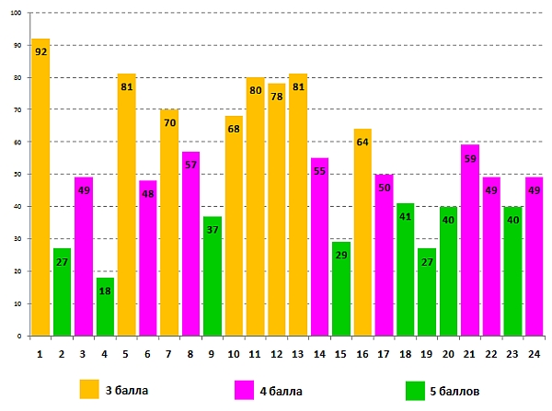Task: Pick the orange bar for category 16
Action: click(x=362, y=239)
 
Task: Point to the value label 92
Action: click(x=40, y=51)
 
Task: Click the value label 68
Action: click(x=234, y=129)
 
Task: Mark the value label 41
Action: click(x=406, y=217)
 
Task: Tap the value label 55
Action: click(x=319, y=171)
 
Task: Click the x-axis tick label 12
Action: click(x=277, y=352)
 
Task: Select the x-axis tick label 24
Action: click(x=534, y=352)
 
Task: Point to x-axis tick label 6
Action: click(x=148, y=352)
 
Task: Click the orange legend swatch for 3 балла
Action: click(x=89, y=390)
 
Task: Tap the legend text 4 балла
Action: click(x=281, y=391)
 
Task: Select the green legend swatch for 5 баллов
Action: click(x=416, y=390)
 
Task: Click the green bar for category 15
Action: click(x=341, y=294)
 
